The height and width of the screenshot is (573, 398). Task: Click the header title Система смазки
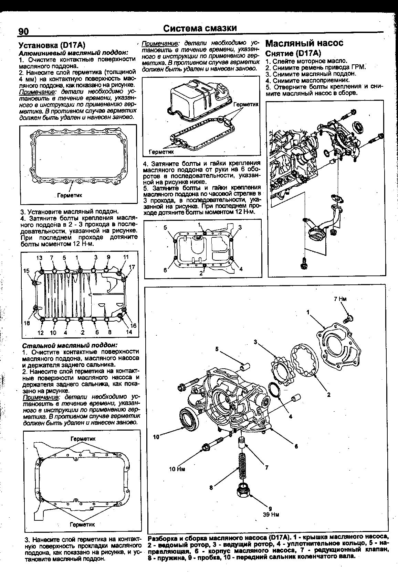point(200,28)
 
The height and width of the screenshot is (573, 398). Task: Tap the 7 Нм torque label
point(340,299)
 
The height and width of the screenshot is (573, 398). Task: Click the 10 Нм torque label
point(177,469)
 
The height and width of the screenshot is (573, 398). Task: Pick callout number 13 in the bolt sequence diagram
point(40,258)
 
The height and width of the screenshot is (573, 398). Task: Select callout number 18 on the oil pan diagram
point(27,323)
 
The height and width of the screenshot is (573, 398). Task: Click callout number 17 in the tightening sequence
point(132,267)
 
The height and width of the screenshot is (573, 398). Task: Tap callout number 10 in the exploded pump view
point(157,437)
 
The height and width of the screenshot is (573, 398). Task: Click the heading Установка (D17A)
point(52,45)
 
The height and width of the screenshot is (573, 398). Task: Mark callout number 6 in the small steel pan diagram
point(165,270)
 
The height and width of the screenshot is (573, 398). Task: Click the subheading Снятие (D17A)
point(293,53)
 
